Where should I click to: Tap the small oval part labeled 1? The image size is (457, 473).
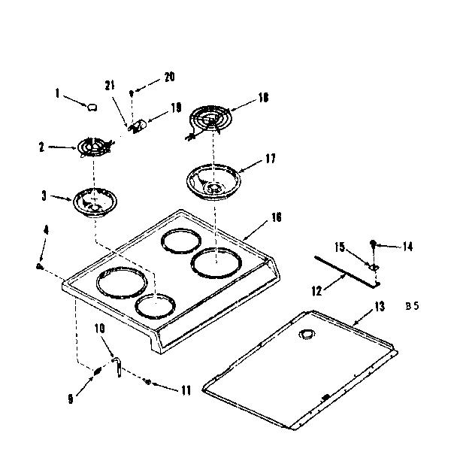92,107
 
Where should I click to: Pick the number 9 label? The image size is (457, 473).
70,399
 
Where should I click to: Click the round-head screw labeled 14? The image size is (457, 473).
373,242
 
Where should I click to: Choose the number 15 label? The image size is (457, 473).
340,247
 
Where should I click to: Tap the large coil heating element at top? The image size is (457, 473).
213,117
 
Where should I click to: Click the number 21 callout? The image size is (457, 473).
110,86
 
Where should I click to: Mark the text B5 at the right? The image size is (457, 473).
410,306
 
